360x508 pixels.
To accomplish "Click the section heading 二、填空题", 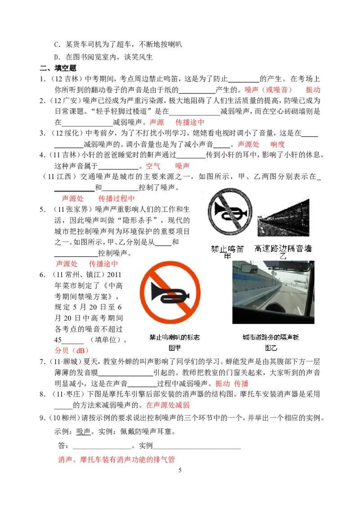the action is point(58,68).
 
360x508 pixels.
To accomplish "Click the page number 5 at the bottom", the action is point(180,470).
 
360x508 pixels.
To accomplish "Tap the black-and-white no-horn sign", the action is point(230,212).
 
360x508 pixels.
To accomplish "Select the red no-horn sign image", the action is point(170,293).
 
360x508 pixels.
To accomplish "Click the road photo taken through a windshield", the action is point(274,292).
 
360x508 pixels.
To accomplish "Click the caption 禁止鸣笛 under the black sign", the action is point(227,249).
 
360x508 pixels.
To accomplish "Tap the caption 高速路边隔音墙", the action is point(283,249).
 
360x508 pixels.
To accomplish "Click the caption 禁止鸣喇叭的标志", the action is point(175,337).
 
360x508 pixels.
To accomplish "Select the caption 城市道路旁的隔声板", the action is point(271,337).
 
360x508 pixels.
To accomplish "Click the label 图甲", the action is point(175,348).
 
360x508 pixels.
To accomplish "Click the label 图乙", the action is point(271,348).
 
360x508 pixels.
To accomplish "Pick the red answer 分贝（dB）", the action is point(72,351).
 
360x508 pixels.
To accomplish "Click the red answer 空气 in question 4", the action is point(153,166).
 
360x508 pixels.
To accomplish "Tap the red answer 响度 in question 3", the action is point(278,144).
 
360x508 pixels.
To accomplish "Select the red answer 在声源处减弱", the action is point(168,405).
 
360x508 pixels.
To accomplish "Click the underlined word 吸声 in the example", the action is point(83,432).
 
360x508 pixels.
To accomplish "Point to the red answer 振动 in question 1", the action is point(313,90).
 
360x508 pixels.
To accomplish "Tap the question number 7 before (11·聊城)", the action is point(42,361).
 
